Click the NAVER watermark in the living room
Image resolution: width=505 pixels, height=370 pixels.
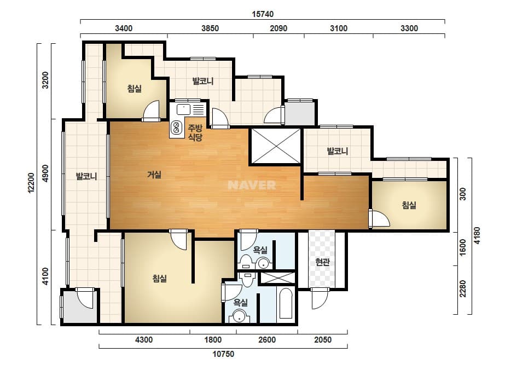click(x=252, y=185)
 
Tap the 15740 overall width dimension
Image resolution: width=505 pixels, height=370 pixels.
click(x=263, y=14)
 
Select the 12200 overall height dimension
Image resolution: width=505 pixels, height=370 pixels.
click(x=31, y=183)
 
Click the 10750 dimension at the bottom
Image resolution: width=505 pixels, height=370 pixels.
click(x=223, y=354)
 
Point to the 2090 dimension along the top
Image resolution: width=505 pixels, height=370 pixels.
click(x=278, y=28)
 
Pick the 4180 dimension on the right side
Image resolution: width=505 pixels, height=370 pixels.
click(x=477, y=235)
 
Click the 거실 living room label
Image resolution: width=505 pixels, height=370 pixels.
click(x=154, y=175)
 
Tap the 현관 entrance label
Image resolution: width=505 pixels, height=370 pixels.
click(x=322, y=262)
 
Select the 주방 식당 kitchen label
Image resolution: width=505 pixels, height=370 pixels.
click(x=195, y=133)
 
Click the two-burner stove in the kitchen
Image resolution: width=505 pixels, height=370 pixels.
click(x=176, y=128)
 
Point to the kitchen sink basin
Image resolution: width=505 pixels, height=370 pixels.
click(x=183, y=109)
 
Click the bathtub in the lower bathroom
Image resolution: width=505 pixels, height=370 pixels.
click(x=286, y=303)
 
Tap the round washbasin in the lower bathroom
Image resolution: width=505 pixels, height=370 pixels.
click(x=239, y=316)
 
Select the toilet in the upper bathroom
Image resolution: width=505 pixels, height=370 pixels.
click(x=246, y=261)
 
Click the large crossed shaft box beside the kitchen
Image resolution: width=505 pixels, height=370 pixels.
click(x=276, y=146)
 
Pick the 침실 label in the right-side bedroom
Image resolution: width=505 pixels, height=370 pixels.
click(x=409, y=205)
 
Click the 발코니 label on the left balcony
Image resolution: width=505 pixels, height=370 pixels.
click(x=86, y=176)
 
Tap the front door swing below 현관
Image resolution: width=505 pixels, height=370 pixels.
click(x=319, y=298)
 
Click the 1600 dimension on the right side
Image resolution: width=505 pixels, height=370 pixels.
click(x=462, y=247)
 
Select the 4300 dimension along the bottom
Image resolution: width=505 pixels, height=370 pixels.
click(x=144, y=340)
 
